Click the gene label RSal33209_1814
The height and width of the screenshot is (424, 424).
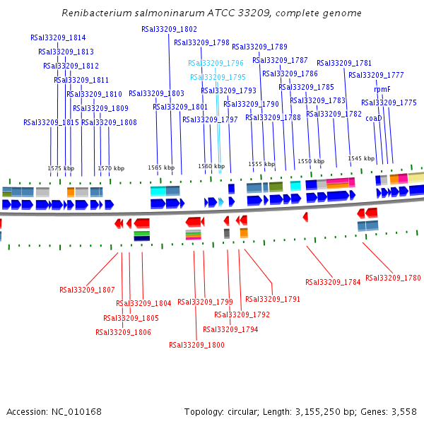coord(58,38)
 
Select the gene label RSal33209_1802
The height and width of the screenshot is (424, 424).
coord(169,30)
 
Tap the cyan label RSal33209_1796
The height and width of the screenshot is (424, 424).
coord(216,64)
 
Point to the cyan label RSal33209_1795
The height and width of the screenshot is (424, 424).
coord(218,78)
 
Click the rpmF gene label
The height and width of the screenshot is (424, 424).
coord(382,90)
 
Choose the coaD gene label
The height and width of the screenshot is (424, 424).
coord(374,119)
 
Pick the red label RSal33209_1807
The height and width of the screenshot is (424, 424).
coord(87,290)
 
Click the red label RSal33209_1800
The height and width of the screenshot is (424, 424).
coord(196,346)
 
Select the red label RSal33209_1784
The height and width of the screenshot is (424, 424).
coord(333,283)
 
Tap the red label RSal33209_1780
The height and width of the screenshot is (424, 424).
coord(393,278)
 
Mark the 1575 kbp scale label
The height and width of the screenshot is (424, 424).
coord(61,169)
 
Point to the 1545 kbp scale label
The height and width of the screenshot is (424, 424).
coord(361,158)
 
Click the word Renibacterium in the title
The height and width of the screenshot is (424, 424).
coord(94,13)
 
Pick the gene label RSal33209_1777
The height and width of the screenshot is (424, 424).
coord(376,76)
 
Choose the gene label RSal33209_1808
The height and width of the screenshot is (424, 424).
coord(109,123)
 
